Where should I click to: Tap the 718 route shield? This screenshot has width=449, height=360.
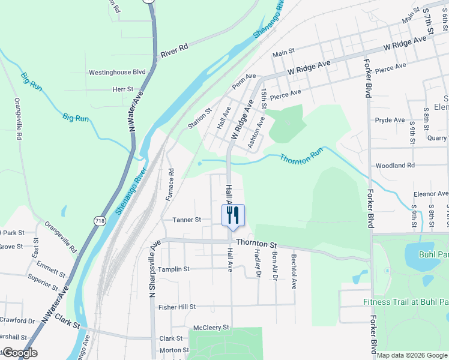point(99,221)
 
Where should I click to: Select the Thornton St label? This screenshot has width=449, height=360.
point(256,244)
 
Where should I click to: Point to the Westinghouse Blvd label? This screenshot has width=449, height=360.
point(118,72)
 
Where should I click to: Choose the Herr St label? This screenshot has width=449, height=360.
point(122,89)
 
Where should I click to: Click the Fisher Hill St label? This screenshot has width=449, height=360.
point(177,307)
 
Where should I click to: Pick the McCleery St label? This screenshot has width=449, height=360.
point(211,328)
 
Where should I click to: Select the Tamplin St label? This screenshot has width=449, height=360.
point(173,269)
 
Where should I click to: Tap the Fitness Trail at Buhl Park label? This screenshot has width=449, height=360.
point(406,302)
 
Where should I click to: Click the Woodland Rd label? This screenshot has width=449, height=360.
point(395,165)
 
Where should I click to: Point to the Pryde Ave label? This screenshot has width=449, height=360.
point(390,120)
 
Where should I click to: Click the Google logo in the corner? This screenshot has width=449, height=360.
point(19,353)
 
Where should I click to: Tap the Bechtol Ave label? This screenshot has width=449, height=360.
point(294,268)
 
